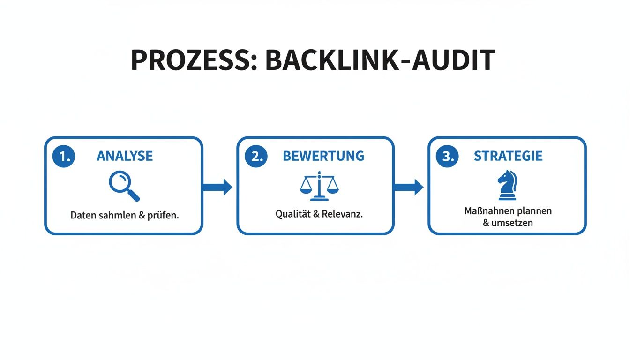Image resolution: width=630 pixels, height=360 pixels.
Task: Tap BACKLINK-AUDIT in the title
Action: (380, 60)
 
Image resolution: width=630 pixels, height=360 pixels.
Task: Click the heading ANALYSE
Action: (125, 156)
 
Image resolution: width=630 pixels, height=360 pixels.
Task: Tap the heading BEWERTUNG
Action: (323, 156)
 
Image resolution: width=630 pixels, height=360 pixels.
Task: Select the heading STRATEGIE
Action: (508, 156)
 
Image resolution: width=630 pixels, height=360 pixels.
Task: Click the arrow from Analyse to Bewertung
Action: (218, 187)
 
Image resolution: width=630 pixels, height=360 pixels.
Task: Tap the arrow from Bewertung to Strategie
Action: (409, 187)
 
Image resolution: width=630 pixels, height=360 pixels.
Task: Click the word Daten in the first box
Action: (83, 216)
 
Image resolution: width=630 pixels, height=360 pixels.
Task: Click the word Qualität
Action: (291, 214)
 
